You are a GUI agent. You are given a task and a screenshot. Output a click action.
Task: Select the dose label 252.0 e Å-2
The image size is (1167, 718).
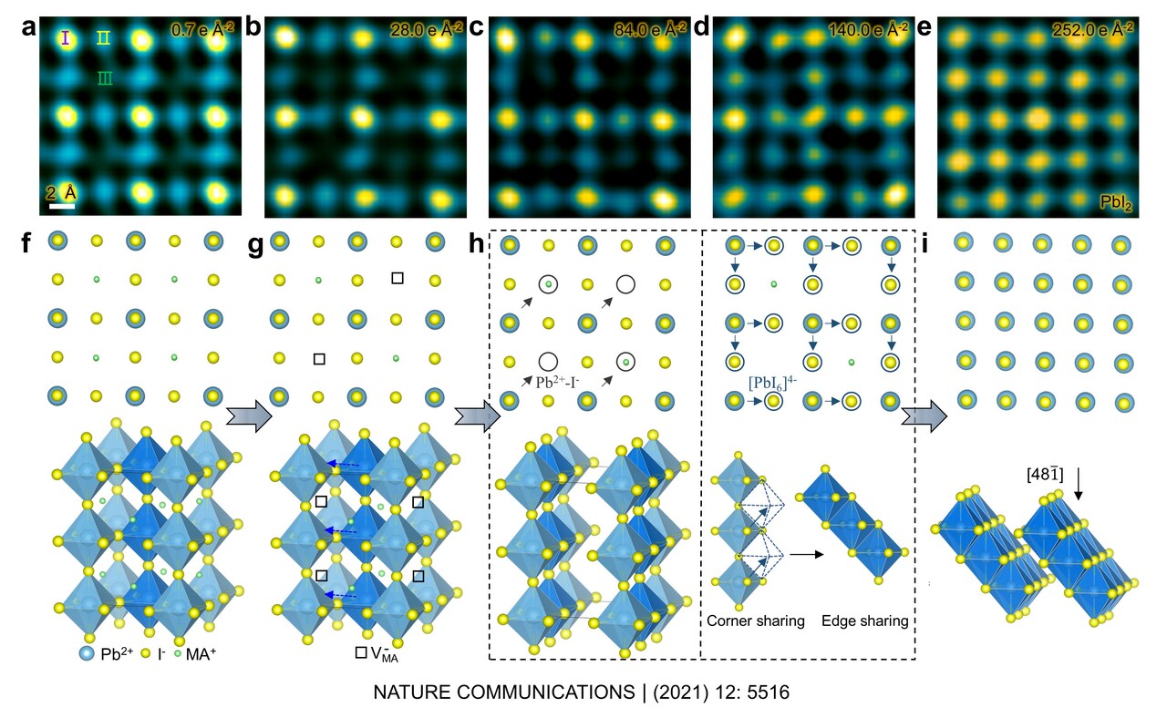[1095, 29]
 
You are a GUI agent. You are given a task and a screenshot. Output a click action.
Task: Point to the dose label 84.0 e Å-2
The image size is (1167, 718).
[649, 29]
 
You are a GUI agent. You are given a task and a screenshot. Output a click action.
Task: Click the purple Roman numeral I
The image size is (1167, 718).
[65, 38]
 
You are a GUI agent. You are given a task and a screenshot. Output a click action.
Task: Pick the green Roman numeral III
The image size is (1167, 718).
[106, 79]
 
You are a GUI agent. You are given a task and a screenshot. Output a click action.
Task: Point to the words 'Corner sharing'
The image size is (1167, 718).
[755, 621]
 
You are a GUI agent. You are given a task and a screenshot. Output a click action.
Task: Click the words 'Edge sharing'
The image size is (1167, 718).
[864, 621]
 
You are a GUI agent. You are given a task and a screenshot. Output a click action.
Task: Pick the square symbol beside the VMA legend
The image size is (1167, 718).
[361, 652]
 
